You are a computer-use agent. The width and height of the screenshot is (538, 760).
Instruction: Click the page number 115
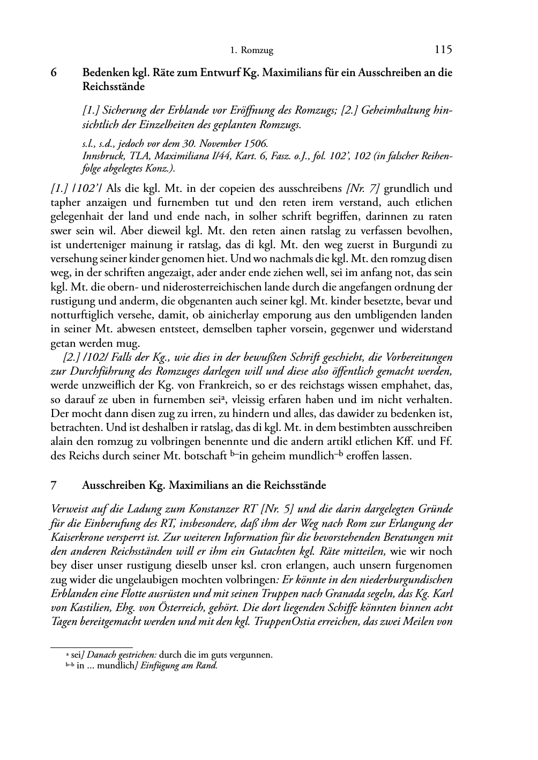pos(443,50)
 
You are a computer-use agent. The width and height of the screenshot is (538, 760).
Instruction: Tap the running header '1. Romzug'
pos(251,51)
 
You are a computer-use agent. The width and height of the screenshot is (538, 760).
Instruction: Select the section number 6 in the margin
pos(54,73)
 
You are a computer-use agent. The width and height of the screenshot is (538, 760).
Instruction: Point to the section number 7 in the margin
pos(54,485)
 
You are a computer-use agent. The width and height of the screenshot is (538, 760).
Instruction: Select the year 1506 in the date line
pos(256,144)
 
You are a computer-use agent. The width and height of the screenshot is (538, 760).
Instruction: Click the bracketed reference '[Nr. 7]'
pos(363,189)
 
